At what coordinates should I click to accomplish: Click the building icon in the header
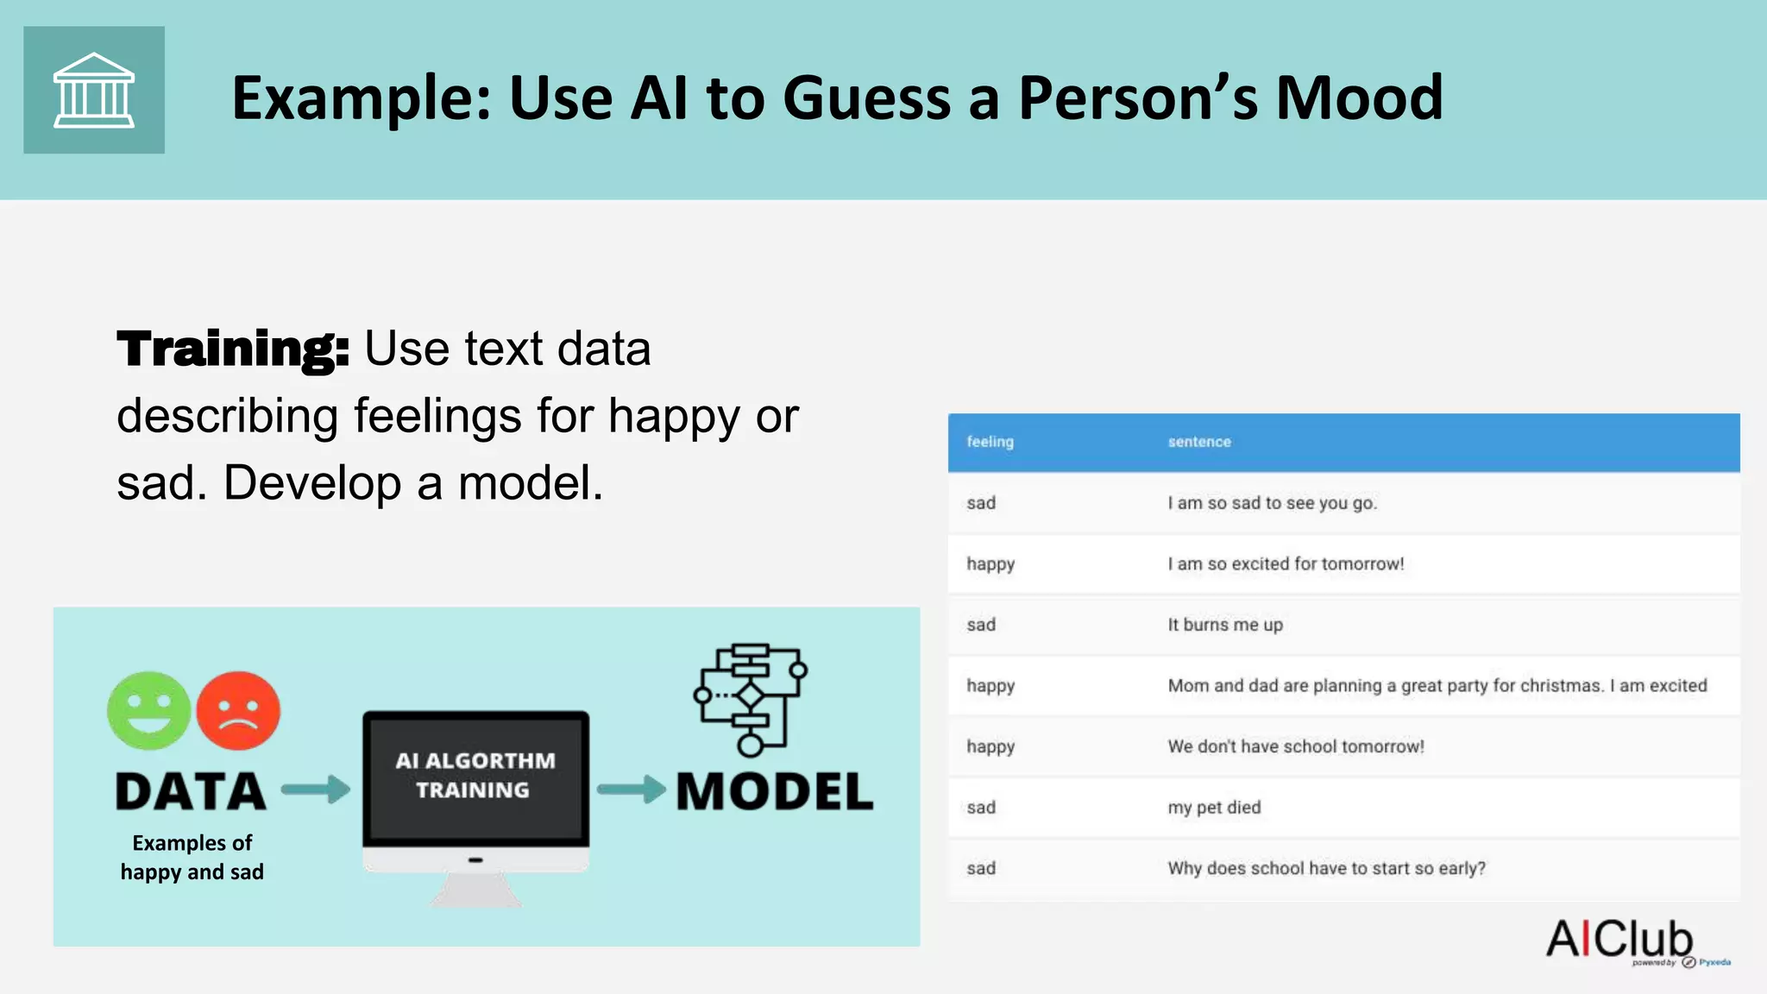94,90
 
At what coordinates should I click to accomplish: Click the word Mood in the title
1359,98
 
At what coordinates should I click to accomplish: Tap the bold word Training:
233,349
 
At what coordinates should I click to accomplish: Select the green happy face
149,710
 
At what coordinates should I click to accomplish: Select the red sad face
238,710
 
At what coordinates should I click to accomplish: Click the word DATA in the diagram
191,791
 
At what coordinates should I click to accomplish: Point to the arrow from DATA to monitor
316,789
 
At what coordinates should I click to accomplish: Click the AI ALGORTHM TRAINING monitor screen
475,776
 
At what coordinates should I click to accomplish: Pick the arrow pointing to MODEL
631,789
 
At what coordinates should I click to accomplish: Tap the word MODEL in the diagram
775,791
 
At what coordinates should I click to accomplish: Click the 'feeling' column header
990,442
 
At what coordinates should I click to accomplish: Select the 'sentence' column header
1199,442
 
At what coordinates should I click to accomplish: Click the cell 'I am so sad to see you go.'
1273,503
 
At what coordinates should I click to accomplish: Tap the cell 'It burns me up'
1225,625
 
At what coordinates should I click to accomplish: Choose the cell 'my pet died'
1214,808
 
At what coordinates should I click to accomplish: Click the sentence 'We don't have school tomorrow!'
1296,746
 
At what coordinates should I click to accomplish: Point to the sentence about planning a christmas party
1437,686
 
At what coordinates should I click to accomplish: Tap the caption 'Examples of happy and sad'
192,857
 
